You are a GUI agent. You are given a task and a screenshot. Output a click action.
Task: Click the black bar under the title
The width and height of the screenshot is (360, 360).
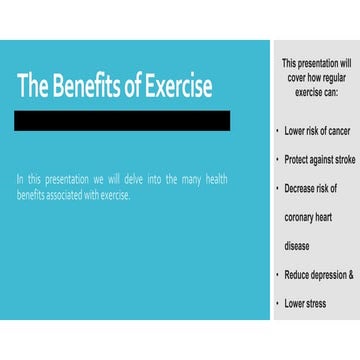pyautogui.click(x=122, y=121)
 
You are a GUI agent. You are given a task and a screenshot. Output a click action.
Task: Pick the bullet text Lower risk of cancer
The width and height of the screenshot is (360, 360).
pyautogui.click(x=317, y=130)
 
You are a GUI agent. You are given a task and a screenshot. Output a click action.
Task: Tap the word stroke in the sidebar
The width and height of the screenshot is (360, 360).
pyautogui.click(x=342, y=159)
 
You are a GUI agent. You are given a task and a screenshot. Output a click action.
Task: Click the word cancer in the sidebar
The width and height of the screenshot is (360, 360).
pyautogui.click(x=338, y=130)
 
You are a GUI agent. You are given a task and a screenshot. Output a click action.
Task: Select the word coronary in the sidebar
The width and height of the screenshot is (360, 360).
pyautogui.click(x=302, y=216)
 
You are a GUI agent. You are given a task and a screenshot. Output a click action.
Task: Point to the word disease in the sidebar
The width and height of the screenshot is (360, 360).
pyautogui.click(x=297, y=245)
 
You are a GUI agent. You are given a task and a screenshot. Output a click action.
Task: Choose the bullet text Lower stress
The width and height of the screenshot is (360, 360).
pyautogui.click(x=305, y=303)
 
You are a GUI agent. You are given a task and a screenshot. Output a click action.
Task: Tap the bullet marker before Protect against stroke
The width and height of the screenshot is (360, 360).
pyautogui.click(x=277, y=159)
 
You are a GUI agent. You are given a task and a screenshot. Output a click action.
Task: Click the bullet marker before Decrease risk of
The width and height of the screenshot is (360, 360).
pyautogui.click(x=277, y=188)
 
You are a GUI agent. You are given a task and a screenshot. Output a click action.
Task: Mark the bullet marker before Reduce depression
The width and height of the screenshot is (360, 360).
pyautogui.click(x=277, y=274)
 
